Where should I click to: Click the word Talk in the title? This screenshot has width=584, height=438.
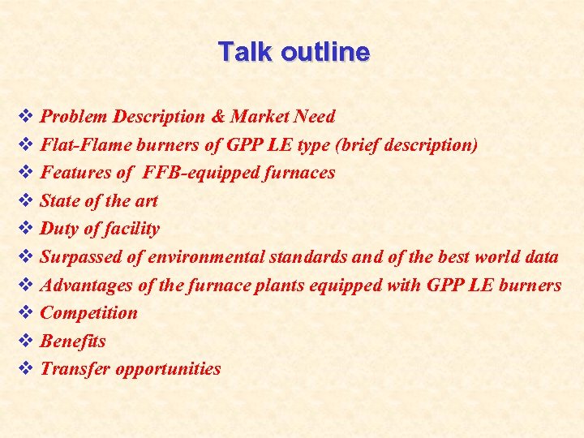pyautogui.click(x=246, y=52)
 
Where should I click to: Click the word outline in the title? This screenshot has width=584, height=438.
pyautogui.click(x=324, y=52)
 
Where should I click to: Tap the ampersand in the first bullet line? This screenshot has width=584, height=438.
pyautogui.click(x=217, y=117)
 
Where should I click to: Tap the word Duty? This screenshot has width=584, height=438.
pyautogui.click(x=60, y=229)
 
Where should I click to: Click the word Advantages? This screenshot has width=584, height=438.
pyautogui.click(x=85, y=285)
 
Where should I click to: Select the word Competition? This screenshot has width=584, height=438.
pyautogui.click(x=89, y=313)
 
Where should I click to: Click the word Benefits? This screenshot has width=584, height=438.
pyautogui.click(x=73, y=341)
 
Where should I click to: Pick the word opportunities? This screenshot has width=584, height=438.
pyautogui.click(x=168, y=369)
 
